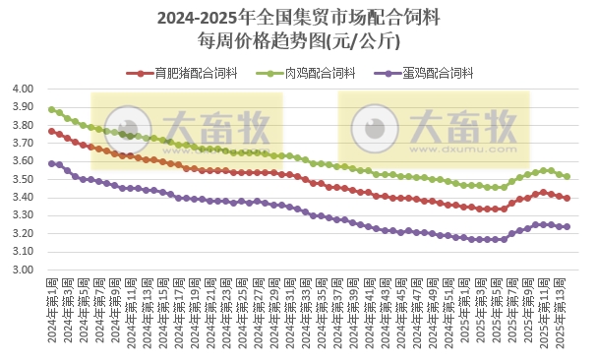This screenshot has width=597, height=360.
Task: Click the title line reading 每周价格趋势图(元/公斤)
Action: pos(298,41)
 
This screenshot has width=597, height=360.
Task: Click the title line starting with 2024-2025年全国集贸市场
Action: pos(298,18)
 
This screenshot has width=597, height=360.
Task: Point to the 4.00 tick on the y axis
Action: pos(23,89)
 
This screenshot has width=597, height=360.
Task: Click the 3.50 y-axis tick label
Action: pos(23,179)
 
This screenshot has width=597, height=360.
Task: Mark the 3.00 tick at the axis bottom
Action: pos(23,270)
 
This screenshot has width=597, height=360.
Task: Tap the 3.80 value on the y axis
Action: pos(23,125)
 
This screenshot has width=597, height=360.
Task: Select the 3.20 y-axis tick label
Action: pos(23,234)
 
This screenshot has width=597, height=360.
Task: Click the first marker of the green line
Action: pos(51,109)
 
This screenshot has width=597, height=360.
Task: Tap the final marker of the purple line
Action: pos(567,226)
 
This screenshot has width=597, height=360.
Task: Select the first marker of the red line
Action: pos(51,131)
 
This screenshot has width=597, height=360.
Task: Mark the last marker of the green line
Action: pos(567,176)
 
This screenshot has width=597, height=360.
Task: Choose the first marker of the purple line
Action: pos(51,163)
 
